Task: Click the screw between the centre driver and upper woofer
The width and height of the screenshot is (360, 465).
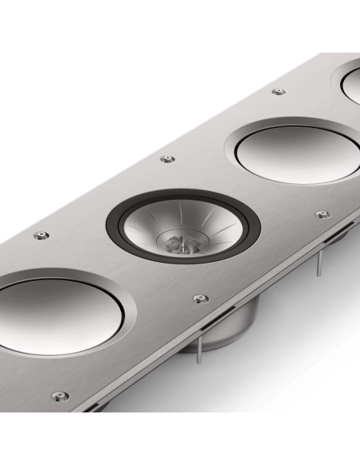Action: [x=166, y=159]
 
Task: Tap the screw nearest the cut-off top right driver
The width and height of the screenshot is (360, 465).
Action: [x=278, y=92]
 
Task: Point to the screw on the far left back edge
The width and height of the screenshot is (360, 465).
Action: [x=40, y=236]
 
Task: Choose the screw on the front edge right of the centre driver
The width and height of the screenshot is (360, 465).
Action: [x=323, y=214]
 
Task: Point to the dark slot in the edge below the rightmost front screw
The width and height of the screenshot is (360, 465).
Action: [x=335, y=241]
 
